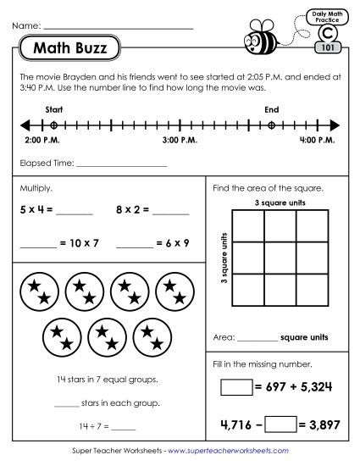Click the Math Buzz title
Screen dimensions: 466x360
[x=70, y=48]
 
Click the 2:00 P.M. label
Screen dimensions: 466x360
[x=40, y=139]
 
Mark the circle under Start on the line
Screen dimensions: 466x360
[x=53, y=124]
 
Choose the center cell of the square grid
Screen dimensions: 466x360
[x=264, y=258]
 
